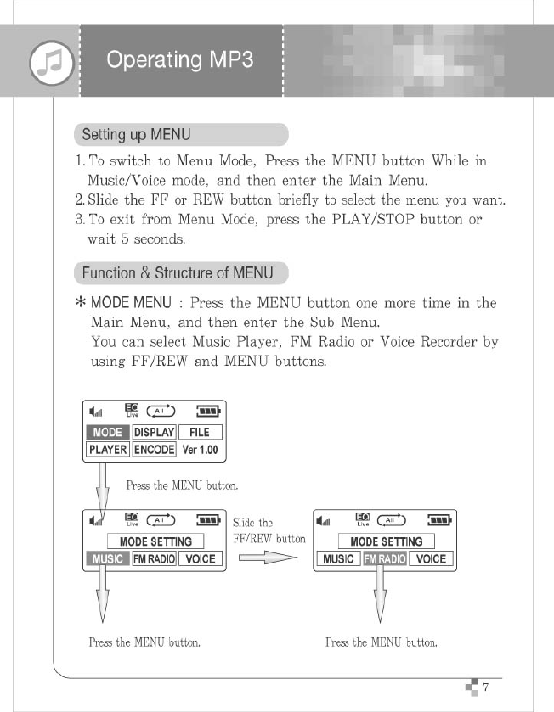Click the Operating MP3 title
[x=179, y=60]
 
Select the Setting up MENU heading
[x=136, y=134]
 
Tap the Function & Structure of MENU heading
[x=178, y=272]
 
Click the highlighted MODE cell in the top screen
[x=108, y=432]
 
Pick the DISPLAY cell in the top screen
[x=154, y=432]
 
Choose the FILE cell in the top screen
[x=200, y=432]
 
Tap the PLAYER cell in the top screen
[x=108, y=449]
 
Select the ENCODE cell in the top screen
[x=154, y=449]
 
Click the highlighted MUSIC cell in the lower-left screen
[x=107, y=559]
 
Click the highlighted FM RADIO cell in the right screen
[x=385, y=559]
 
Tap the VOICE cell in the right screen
[x=431, y=559]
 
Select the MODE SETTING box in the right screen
[x=387, y=541]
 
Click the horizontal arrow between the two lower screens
[x=267, y=558]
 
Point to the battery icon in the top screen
[x=207, y=412]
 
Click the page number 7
[x=485, y=687]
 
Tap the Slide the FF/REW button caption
[x=269, y=530]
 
